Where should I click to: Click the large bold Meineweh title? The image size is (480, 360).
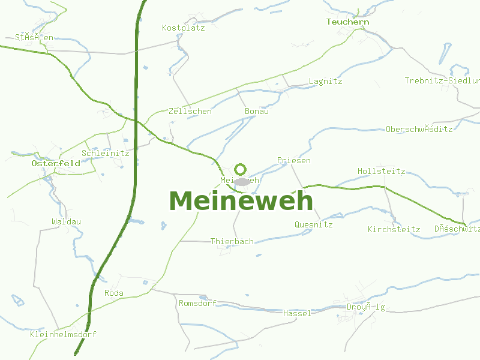click(241, 200)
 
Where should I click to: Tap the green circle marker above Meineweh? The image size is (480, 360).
click(241, 169)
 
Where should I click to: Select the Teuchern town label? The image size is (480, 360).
click(347, 22)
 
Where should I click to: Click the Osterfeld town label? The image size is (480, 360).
click(56, 163)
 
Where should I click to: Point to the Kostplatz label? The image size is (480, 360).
click(183, 28)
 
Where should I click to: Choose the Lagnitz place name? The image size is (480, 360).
click(325, 81)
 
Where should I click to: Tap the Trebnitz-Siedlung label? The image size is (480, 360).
click(442, 80)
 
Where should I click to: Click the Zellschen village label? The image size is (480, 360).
click(190, 111)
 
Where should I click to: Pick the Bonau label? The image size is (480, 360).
click(257, 111)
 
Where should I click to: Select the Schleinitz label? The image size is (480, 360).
click(105, 153)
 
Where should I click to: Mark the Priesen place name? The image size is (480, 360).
click(294, 160)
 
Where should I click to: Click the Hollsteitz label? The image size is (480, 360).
click(381, 171)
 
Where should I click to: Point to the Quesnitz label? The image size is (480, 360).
click(313, 224)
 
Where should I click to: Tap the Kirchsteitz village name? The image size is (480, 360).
click(394, 229)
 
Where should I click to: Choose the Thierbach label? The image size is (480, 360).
click(232, 241)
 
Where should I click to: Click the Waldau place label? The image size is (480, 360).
click(66, 221)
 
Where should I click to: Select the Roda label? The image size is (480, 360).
click(114, 293)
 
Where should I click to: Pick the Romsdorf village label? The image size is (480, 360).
click(197, 303)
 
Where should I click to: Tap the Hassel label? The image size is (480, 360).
click(297, 313)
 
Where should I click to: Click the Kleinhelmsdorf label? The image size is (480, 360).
click(63, 334)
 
